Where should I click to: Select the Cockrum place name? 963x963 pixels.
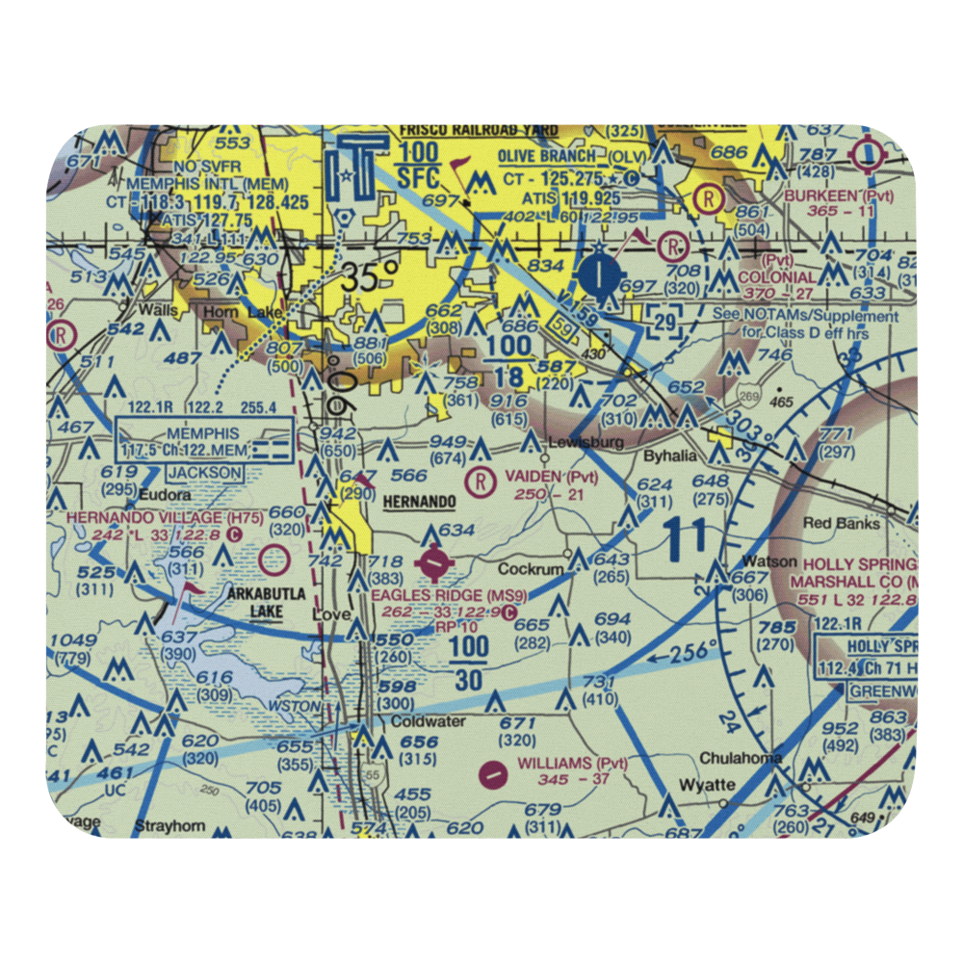tap(531, 569)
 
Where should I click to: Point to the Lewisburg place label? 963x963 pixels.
tap(581, 442)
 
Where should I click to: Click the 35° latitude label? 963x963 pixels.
tap(368, 278)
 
